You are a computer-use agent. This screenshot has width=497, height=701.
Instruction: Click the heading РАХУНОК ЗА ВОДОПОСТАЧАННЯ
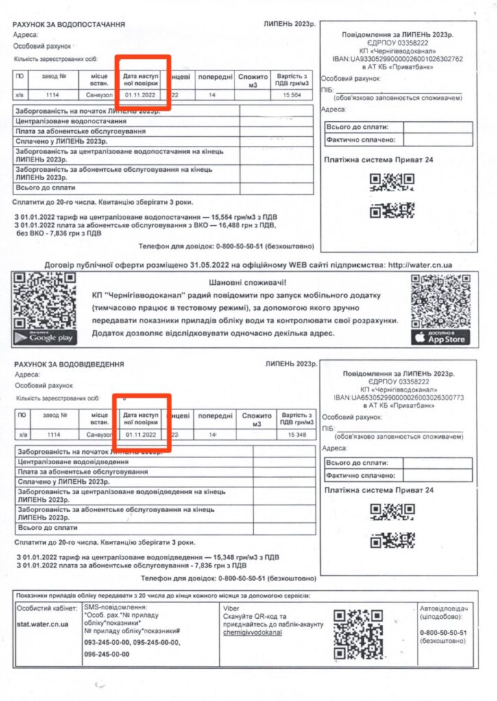[69, 24]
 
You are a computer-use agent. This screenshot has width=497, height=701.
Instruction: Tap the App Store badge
[441, 337]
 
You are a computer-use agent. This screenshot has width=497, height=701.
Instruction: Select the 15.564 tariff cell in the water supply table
[291, 95]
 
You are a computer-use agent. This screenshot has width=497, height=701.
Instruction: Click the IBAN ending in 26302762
[398, 58]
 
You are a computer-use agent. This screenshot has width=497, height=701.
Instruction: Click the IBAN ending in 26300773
[398, 397]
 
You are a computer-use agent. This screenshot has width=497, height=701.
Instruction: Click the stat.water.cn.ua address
[42, 624]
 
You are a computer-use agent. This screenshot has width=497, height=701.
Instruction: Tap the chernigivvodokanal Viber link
[252, 633]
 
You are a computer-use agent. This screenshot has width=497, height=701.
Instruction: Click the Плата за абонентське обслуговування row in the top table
[81, 131]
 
